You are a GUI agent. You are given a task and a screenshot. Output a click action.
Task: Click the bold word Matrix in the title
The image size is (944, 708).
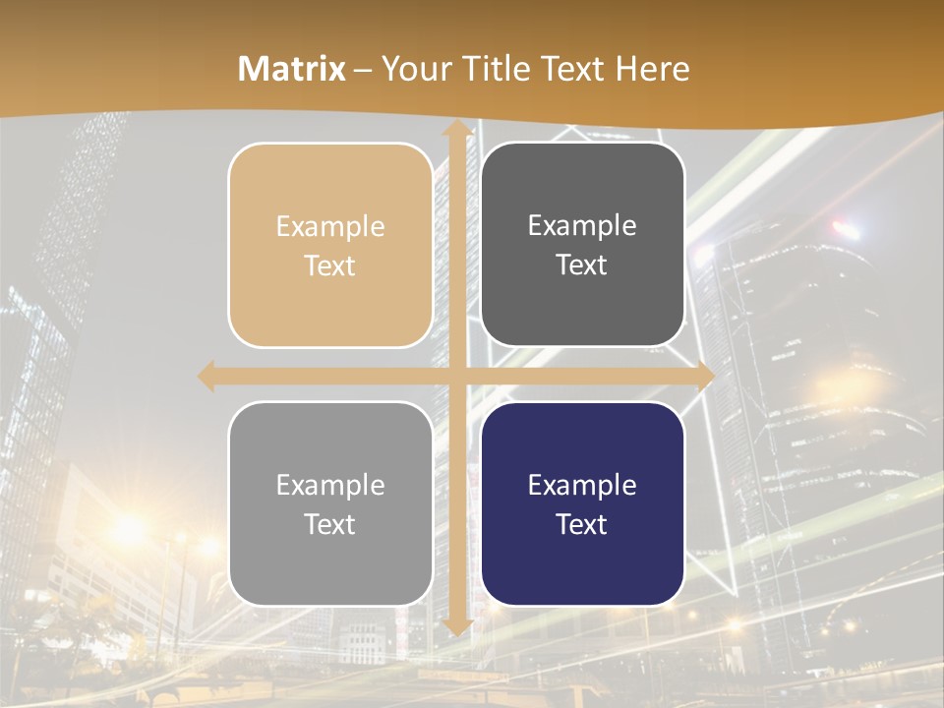292,69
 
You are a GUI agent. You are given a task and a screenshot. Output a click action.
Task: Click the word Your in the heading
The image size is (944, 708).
411,69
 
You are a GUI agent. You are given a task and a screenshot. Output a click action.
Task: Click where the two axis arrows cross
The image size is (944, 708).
456,376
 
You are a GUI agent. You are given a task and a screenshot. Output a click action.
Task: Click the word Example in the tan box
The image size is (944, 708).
330,226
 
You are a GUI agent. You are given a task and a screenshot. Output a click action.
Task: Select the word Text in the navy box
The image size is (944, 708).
582,524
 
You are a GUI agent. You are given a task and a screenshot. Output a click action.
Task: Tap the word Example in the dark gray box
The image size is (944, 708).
582,225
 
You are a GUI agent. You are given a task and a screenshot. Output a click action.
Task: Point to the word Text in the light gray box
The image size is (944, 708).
330,524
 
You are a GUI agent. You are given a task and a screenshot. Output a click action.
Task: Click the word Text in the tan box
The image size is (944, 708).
330,265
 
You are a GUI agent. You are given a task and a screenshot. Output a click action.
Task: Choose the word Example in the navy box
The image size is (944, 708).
582,485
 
